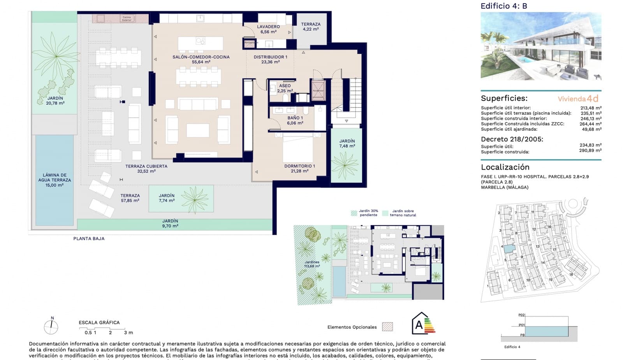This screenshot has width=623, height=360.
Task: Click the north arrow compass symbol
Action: [x=51, y=326]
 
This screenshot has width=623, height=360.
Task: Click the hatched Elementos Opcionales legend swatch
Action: [x=387, y=327]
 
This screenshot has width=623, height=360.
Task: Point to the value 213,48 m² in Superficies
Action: [x=590, y=108]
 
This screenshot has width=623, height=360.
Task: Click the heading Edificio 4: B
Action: [x=503, y=6]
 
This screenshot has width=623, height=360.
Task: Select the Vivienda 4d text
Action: [x=578, y=99]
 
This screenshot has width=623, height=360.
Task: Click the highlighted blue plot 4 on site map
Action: [x=510, y=248]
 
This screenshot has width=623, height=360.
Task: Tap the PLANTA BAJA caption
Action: [x=89, y=238]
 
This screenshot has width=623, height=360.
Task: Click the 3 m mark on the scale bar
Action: [x=128, y=333]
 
